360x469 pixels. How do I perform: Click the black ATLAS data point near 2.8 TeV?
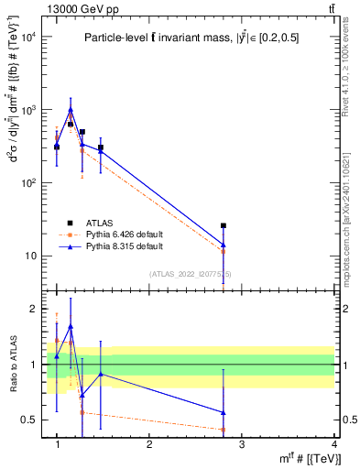tap(249, 225)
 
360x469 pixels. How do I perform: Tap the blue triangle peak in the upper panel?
tap(71, 110)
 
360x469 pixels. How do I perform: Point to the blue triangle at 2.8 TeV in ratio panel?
tap(249, 412)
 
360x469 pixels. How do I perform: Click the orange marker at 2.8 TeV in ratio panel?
tap(249, 430)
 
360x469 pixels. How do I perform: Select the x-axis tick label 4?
tap(333, 444)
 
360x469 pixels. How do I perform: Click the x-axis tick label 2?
tap(149, 444)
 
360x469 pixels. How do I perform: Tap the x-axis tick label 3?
tap(241, 444)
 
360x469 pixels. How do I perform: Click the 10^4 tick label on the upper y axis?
tap(29, 37)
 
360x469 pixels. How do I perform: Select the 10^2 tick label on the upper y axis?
tap(29, 182)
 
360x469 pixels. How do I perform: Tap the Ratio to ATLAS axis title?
tap(12, 365)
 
